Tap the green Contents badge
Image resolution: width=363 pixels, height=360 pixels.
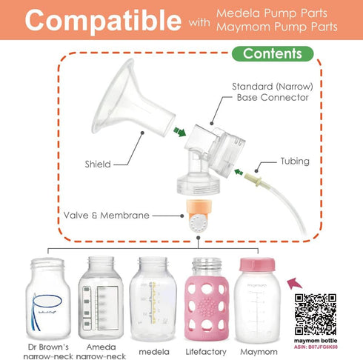point(272,54)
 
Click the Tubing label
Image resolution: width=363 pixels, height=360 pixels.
point(295,161)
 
